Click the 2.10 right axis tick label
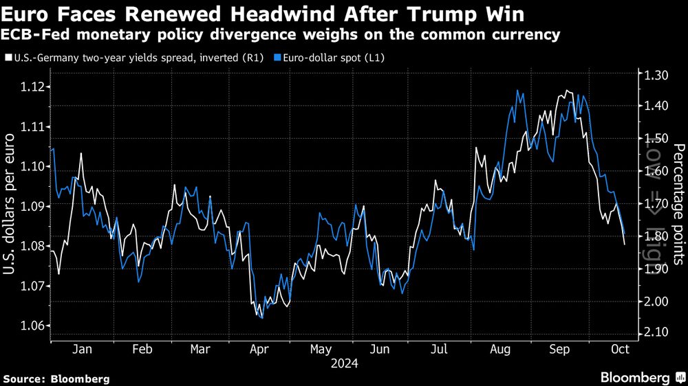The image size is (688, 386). (x=654, y=332)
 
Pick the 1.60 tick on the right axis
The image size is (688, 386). (x=654, y=171)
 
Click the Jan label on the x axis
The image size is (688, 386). (x=82, y=349)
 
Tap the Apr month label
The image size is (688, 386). (x=259, y=349)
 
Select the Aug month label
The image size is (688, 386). (x=500, y=349)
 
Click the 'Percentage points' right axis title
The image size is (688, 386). (x=678, y=205)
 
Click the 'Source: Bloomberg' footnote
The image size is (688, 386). (x=56, y=378)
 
